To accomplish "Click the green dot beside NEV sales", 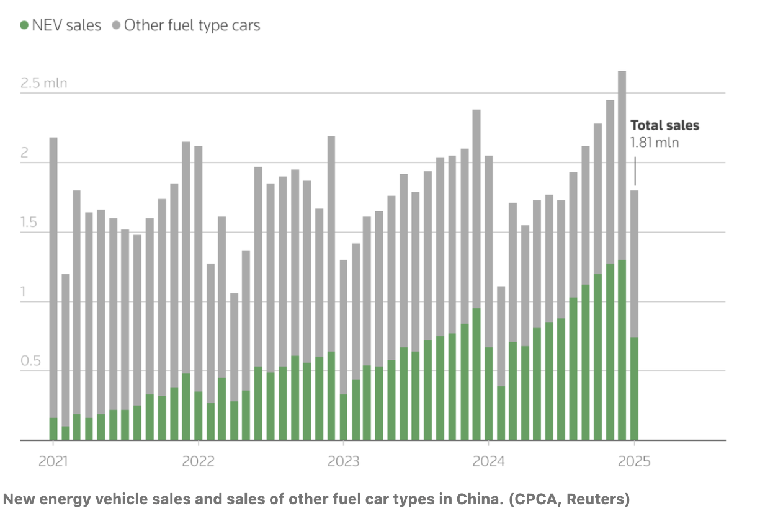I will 24,25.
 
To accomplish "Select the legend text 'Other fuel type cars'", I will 192,25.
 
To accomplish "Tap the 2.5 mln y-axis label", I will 43,83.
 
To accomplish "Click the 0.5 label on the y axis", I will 30,362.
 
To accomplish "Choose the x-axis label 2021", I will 53,461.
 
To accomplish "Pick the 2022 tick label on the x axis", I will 198,461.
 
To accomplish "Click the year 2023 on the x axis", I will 343,461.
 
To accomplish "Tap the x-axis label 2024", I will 488,461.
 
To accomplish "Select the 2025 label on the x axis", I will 634,461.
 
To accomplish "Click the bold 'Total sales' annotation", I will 664,125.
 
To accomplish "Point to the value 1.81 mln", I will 655,143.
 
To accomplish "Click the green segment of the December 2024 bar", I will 622,350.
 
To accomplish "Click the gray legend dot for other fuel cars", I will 116,25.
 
